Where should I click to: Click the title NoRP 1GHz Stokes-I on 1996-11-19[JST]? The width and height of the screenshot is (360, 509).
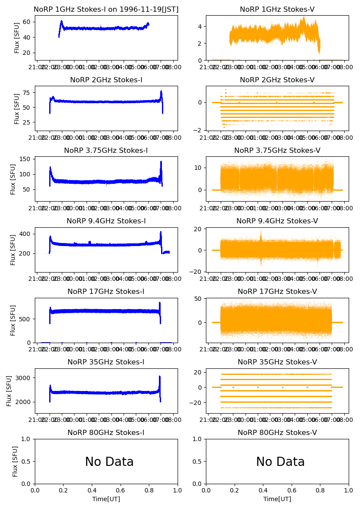(x=106, y=10)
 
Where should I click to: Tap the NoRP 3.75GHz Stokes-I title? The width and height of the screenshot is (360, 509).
(x=106, y=151)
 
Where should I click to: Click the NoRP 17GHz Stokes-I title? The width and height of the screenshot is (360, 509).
(x=106, y=292)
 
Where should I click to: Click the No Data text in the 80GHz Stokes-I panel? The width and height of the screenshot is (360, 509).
(x=109, y=462)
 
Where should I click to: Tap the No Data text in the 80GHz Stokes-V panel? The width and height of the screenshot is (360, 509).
(x=280, y=462)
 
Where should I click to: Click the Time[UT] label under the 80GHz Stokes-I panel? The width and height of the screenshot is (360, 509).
(x=106, y=499)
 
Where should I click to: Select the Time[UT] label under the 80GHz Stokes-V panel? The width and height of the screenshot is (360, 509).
(x=277, y=499)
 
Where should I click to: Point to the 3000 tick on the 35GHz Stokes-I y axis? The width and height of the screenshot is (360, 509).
(x=24, y=378)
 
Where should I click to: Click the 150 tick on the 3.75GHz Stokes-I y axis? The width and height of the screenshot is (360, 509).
(x=27, y=159)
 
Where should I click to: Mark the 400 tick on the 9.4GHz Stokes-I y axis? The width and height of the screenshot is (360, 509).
(x=27, y=234)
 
